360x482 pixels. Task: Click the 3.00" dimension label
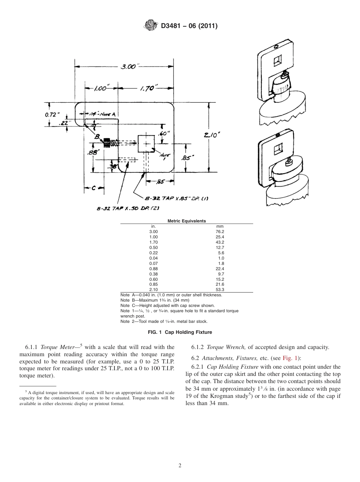pyautogui.click(x=128, y=67)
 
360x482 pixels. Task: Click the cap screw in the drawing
pyautogui.click(x=107, y=143)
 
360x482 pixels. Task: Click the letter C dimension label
pyautogui.click(x=94, y=188)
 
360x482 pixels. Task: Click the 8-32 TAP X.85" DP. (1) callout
pyautogui.click(x=177, y=199)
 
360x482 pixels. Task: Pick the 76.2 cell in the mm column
pyautogui.click(x=220, y=232)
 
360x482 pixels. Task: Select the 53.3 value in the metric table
pyautogui.click(x=220, y=290)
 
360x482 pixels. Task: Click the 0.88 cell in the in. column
pyautogui.click(x=153, y=268)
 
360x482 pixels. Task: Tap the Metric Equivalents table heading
pyautogui.click(x=186, y=221)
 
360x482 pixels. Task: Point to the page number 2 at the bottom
pyautogui.click(x=180, y=466)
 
